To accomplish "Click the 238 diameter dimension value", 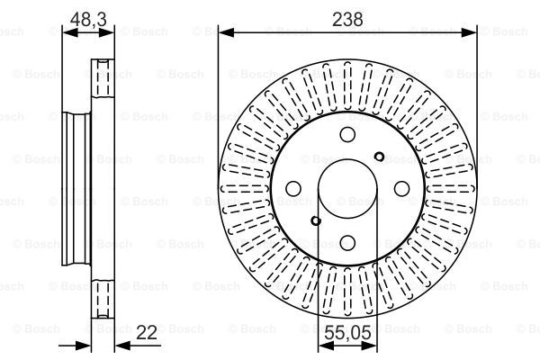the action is point(347,19).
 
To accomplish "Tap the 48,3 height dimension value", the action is point(88,19).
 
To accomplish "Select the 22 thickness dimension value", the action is point(147,332).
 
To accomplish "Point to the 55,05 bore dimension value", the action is point(347,333).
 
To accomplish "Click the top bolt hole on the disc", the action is point(347,134).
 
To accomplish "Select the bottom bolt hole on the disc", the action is point(347,242).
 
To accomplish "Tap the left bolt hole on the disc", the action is point(293,188).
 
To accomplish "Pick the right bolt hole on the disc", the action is point(401,188).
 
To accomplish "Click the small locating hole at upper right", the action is point(379,157).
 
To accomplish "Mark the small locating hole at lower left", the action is point(316,220).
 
